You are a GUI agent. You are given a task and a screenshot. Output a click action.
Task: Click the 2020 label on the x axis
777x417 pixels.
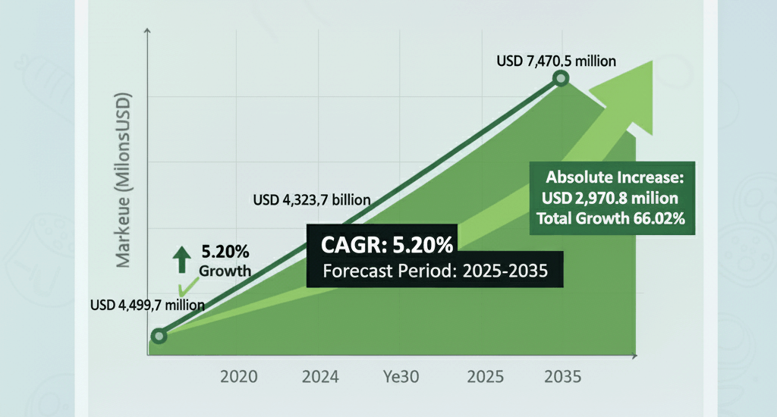click(239, 377)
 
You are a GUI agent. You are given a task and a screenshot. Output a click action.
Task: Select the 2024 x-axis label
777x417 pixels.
click(321, 377)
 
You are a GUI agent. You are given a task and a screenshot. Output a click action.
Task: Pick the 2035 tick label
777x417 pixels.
click(563, 377)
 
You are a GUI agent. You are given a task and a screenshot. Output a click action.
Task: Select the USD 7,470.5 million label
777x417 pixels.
click(556, 61)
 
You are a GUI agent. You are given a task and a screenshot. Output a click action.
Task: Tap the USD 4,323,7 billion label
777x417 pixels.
click(311, 201)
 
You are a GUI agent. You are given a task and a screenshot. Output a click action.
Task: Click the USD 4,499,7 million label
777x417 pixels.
click(147, 306)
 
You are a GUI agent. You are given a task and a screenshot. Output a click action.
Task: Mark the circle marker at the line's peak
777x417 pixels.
click(561, 78)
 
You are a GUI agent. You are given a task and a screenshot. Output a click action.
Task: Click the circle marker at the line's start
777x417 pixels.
click(159, 336)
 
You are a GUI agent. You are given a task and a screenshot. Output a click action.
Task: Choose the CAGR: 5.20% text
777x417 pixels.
click(387, 245)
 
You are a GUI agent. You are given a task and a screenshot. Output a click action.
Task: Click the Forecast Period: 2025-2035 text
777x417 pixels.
click(435, 271)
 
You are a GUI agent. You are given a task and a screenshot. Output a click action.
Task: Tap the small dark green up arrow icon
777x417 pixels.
click(182, 259)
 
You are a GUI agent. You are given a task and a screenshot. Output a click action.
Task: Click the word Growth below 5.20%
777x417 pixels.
click(225, 271)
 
